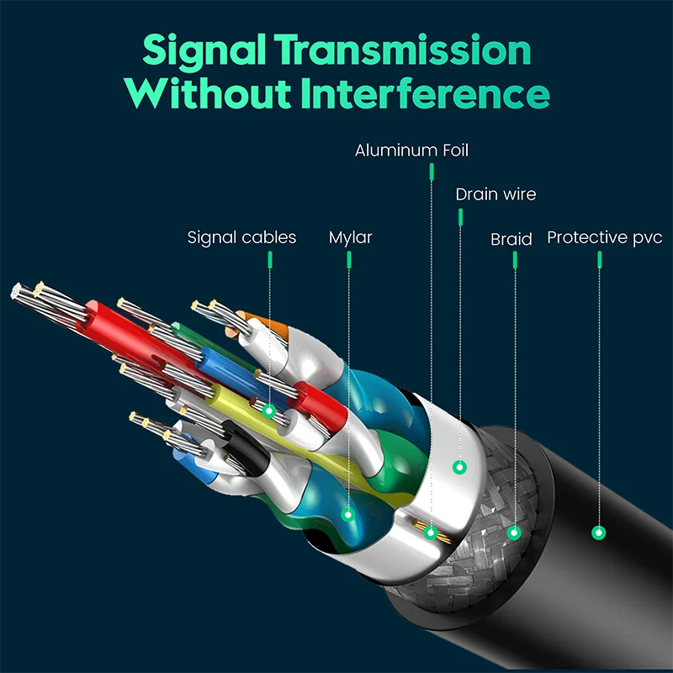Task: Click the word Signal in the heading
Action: (201, 52)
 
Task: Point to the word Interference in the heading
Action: (427, 94)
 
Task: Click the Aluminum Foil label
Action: (411, 151)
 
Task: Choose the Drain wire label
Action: (495, 194)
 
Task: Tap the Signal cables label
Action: (241, 237)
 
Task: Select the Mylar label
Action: (350, 237)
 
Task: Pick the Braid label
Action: (511, 240)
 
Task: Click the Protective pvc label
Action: (604, 237)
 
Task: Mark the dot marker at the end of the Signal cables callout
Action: (268, 411)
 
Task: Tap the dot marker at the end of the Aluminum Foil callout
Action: (431, 532)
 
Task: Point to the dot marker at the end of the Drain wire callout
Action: (459, 465)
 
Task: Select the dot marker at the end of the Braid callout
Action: (515, 532)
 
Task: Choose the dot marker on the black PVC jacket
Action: (599, 532)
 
